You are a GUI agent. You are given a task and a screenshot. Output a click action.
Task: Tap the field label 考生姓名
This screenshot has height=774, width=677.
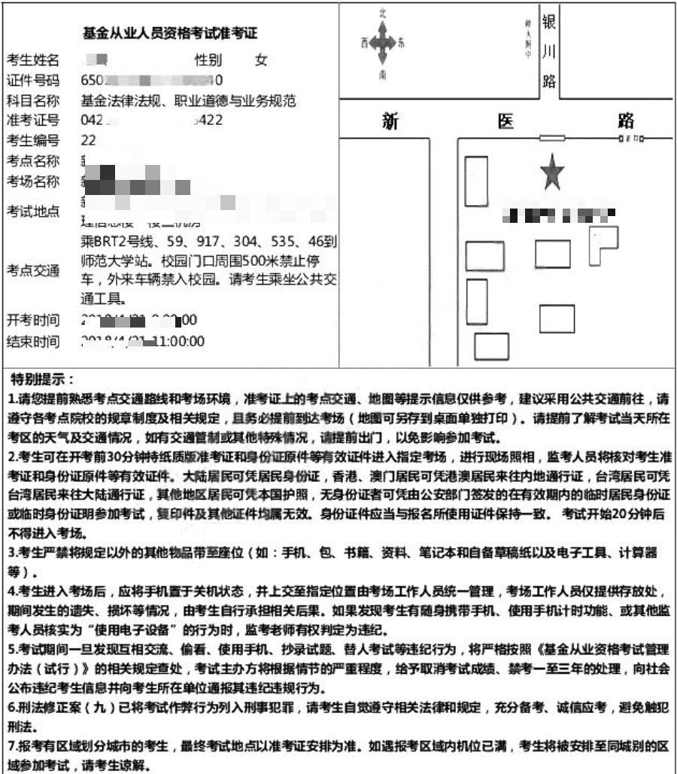33,60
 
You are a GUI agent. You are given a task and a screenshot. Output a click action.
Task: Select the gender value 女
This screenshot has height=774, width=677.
261,60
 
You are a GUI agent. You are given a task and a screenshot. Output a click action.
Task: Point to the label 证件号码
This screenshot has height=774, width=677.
33,80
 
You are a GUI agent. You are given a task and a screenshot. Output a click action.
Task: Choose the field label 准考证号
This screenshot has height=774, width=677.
33,120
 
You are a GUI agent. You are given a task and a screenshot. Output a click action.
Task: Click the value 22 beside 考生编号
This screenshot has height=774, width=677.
88,140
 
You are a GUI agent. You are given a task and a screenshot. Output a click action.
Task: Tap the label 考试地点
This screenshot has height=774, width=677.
33,212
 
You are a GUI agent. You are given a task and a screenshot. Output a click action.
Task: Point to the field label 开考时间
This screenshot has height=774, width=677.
33,321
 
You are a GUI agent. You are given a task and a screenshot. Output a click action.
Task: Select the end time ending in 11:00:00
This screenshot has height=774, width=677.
143,341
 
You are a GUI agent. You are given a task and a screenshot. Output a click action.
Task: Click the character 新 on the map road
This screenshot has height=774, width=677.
389,121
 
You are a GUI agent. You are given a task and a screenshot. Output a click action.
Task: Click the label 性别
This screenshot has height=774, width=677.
208,60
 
